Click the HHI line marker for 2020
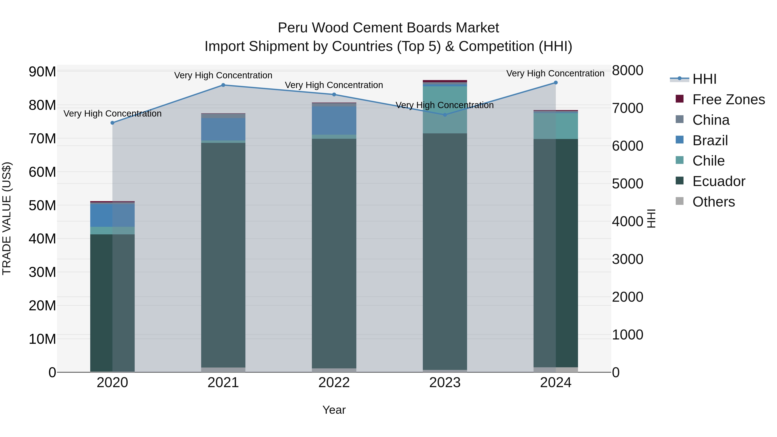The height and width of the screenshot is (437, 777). coord(112,123)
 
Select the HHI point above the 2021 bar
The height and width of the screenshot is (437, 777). coord(223,85)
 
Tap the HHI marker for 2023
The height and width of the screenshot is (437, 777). coord(445,115)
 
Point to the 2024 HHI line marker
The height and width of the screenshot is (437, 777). coord(556,83)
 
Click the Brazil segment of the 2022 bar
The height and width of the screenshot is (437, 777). coord(334,120)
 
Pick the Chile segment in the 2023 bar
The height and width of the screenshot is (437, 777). coord(445,110)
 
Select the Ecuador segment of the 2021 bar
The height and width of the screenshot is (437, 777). coord(223,255)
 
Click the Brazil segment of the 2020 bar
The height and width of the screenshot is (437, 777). coord(112,215)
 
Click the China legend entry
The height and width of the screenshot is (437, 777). coord(711,120)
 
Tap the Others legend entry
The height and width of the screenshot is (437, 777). coord(713,202)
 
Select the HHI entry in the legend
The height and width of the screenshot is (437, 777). coord(704,79)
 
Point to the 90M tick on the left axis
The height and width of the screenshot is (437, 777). coord(42,72)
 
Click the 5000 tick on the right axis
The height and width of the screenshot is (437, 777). coord(627,184)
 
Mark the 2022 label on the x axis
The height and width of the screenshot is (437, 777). coord(334,383)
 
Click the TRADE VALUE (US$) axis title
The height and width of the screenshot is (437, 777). coord(7,218)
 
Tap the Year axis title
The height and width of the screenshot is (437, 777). coord(334,410)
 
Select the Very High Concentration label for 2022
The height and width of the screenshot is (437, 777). coord(334,85)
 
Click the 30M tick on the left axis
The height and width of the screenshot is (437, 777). coord(42,272)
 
